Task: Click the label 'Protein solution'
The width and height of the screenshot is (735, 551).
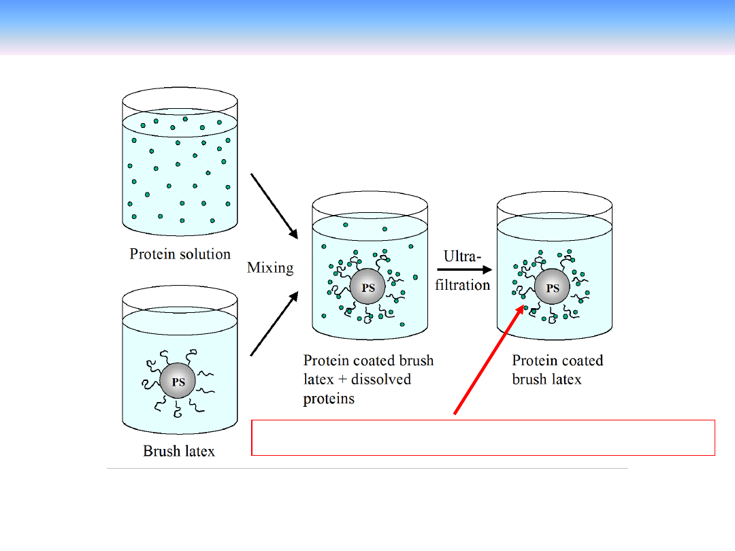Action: pos(180,254)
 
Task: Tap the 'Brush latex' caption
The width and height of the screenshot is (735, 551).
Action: pos(179,451)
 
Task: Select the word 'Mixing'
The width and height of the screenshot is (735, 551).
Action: pos(270,267)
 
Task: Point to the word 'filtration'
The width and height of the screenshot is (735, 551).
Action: pos(463,285)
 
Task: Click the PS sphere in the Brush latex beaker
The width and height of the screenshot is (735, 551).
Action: pos(178,382)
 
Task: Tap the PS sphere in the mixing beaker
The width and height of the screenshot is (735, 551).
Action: pos(367,287)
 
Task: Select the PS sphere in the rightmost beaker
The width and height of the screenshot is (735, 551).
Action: pos(553,288)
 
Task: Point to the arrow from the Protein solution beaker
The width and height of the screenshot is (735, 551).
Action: pos(275,205)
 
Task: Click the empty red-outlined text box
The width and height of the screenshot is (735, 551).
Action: pos(483,437)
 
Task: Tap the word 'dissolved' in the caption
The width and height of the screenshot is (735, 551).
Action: pos(380,380)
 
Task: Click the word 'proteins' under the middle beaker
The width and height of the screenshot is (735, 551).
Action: pos(329,399)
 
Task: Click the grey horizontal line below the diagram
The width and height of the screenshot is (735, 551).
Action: pos(367,468)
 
